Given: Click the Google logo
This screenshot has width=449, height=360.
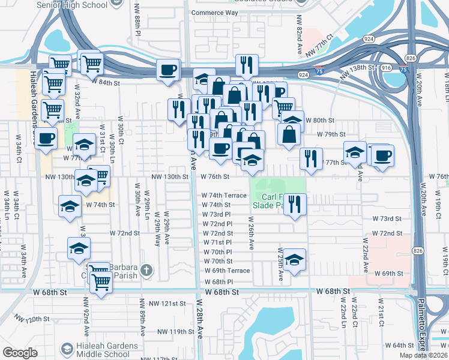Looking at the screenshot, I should [x=20, y=353].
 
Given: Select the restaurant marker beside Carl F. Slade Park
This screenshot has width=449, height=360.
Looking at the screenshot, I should [x=295, y=203].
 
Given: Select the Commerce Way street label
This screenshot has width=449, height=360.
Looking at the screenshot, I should [x=215, y=13].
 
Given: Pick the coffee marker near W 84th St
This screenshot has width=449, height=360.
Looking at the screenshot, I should [x=168, y=70].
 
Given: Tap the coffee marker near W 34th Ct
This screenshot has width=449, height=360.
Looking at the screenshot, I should [x=46, y=139].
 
